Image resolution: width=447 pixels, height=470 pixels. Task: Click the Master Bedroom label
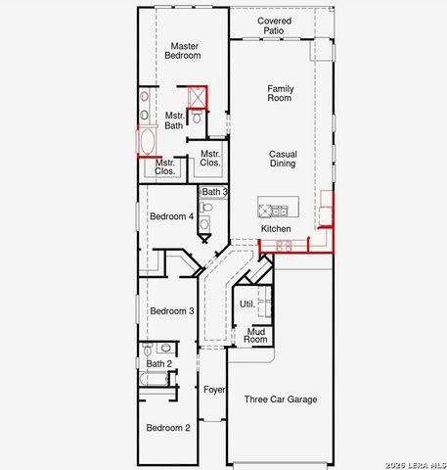tap(183, 51)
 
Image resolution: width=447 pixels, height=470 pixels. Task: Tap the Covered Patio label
tap(274, 25)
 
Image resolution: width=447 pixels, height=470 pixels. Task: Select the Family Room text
tap(281, 93)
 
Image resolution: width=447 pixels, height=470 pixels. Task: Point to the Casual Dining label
tap(283, 159)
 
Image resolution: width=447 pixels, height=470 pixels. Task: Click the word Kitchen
tap(276, 229)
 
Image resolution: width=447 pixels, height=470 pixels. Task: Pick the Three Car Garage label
tap(281, 399)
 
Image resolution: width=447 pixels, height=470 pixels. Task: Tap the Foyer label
tap(214, 390)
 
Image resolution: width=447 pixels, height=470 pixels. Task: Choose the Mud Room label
tap(255, 336)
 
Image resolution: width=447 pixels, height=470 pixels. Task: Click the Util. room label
tap(247, 305)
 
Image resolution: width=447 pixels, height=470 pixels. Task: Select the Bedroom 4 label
tap(172, 216)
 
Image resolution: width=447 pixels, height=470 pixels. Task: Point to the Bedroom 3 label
tap(172, 311)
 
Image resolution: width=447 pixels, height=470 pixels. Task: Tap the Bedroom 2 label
tap(168, 428)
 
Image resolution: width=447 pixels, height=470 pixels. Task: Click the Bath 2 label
tap(159, 363)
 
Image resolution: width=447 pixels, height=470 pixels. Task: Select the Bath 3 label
tap(214, 192)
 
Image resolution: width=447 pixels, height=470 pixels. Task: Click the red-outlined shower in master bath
tap(198, 97)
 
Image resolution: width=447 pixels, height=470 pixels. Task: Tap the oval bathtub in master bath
tap(147, 142)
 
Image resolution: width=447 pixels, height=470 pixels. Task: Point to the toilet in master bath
tap(197, 117)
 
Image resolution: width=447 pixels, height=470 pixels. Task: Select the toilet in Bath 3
tap(205, 207)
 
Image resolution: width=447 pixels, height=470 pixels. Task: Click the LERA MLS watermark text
tap(416, 465)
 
